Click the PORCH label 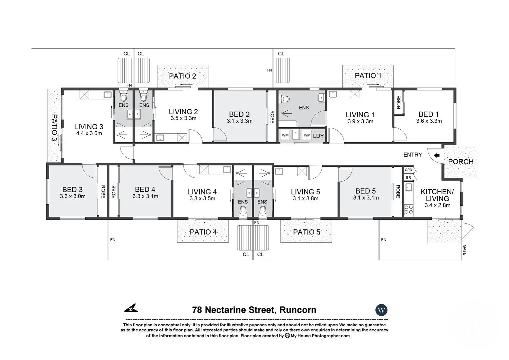[461, 162]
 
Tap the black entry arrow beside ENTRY [436, 155]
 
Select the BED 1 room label [429, 114]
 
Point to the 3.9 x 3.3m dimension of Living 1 [360, 122]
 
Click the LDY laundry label [318, 136]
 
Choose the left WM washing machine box [285, 135]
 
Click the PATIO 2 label [183, 76]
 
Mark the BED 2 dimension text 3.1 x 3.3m [240, 121]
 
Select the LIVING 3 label [89, 127]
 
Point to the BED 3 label [72, 190]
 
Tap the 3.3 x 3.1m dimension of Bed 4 [145, 196]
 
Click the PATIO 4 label [203, 232]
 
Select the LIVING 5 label [305, 192]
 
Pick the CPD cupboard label [408, 170]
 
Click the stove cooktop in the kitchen [408, 209]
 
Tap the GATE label [464, 250]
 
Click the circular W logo [381, 310]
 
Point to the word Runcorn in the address [298, 310]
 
